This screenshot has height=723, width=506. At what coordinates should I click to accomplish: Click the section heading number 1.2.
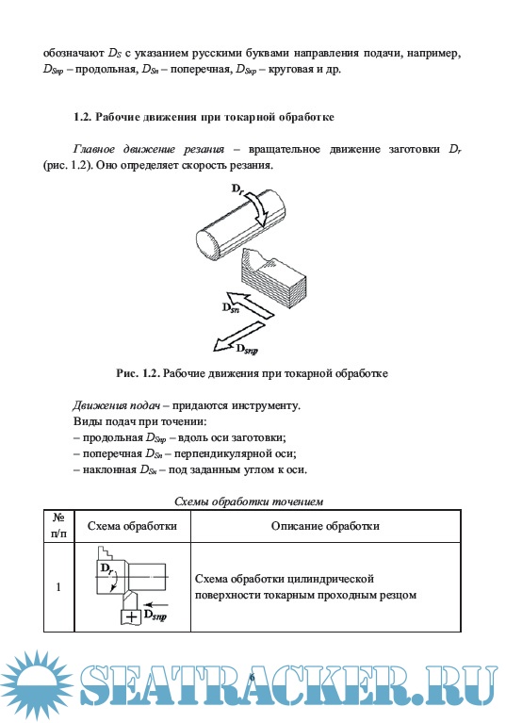[x=82, y=117]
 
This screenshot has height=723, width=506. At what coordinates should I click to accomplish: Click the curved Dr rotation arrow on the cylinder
[x=257, y=207]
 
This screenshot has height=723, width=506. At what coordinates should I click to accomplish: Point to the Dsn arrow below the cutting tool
[x=251, y=304]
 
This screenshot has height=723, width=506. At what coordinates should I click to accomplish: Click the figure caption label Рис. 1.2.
[x=138, y=373]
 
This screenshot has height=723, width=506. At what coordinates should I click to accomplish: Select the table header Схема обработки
[x=132, y=526]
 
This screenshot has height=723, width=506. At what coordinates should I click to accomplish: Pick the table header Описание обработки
[x=325, y=526]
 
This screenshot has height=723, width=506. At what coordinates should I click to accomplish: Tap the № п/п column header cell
[x=58, y=526]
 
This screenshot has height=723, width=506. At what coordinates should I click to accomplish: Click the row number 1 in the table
[x=58, y=587]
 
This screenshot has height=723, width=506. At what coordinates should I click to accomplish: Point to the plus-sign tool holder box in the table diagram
[x=130, y=616]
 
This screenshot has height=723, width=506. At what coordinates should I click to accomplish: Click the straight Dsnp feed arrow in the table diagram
[x=156, y=604]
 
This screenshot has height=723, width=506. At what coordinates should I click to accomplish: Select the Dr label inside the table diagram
[x=106, y=568]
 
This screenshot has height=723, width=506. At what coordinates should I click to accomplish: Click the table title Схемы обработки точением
[x=249, y=501]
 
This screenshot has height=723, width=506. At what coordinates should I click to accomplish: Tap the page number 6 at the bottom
[x=252, y=677]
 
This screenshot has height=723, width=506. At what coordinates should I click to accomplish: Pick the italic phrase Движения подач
[x=117, y=405]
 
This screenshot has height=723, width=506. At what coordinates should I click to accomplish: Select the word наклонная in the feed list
[x=109, y=469]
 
